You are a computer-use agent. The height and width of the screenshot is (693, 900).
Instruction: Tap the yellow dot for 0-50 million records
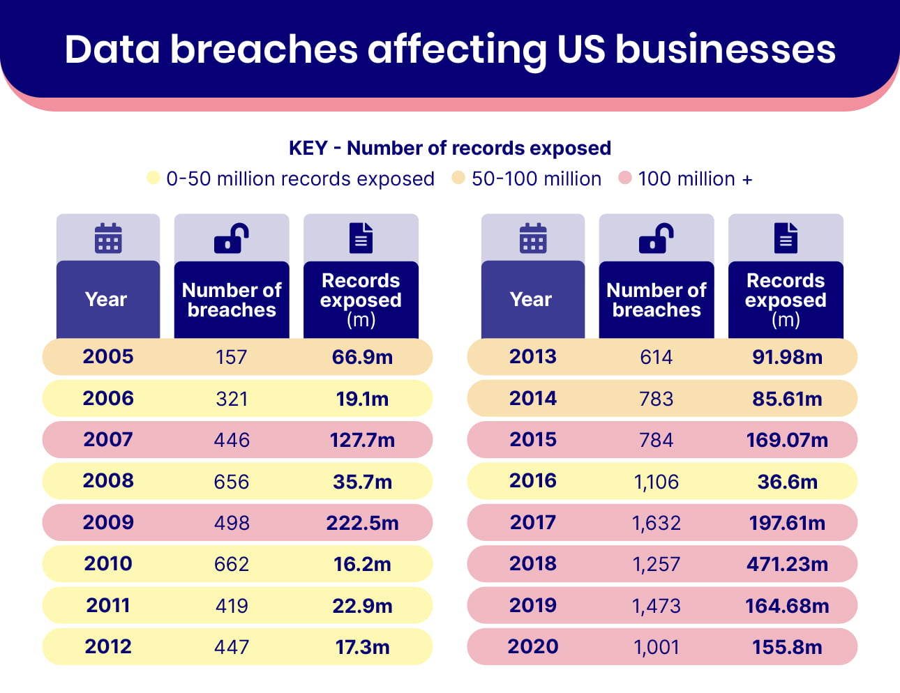click(153, 178)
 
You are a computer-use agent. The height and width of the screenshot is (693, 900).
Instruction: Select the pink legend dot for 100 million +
click(625, 178)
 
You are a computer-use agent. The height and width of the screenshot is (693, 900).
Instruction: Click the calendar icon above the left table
click(108, 238)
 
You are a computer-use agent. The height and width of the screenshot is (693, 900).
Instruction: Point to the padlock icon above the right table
click(656, 238)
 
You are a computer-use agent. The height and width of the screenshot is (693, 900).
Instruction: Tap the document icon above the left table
click(361, 238)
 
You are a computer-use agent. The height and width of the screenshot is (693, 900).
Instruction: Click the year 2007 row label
click(108, 439)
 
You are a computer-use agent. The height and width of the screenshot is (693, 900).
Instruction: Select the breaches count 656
click(232, 481)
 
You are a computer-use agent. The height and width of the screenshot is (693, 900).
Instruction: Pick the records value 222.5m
click(362, 523)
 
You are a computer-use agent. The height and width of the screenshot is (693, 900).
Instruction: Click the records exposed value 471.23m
click(787, 564)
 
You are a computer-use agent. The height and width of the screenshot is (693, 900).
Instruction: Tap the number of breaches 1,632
click(656, 523)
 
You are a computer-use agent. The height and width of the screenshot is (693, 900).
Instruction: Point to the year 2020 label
click(533, 646)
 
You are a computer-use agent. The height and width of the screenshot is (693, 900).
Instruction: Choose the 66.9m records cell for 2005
click(362, 357)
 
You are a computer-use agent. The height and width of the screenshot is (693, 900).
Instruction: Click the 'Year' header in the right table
click(531, 299)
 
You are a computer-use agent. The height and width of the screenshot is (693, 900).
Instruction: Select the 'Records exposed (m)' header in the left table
click(361, 300)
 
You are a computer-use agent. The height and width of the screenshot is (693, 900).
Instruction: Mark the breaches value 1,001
click(656, 647)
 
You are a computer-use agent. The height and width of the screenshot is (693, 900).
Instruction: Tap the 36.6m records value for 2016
click(787, 481)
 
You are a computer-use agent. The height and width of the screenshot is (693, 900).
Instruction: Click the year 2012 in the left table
click(108, 646)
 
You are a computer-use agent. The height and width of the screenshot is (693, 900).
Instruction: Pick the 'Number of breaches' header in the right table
click(656, 300)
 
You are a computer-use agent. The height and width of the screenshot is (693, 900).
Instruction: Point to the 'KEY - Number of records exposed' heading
click(450, 148)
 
